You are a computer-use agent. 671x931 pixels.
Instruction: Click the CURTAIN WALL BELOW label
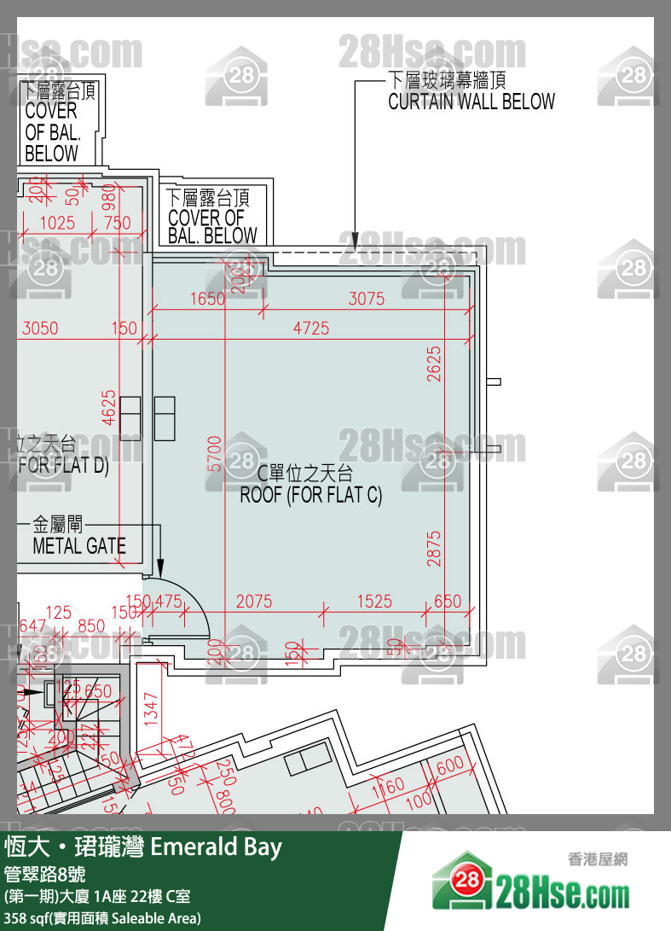tap(471, 102)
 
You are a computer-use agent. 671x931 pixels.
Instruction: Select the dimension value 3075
tap(367, 299)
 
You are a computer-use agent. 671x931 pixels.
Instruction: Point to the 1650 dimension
tap(207, 299)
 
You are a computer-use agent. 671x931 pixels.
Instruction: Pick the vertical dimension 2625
tap(435, 363)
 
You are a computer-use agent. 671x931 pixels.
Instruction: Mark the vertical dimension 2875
tap(435, 549)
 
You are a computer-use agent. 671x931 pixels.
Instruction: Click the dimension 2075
tap(254, 602)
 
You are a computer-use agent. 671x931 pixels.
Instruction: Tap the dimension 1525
tap(374, 602)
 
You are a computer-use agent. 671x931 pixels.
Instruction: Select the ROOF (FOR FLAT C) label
tap(310, 495)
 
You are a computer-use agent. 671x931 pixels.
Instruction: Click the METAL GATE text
tap(78, 546)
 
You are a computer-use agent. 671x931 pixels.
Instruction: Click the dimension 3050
tap(40, 328)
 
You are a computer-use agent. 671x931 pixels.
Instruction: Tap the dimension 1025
tap(57, 223)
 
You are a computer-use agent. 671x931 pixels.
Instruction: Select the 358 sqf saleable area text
tap(102, 918)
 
